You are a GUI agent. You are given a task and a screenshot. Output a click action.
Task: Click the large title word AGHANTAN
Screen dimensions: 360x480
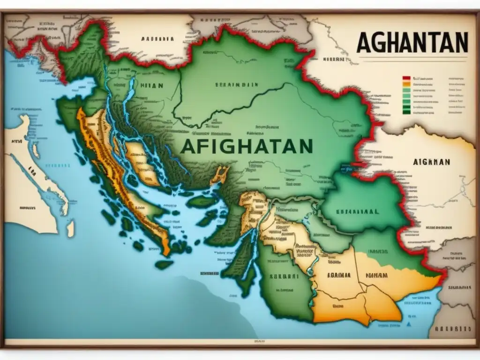[412, 43]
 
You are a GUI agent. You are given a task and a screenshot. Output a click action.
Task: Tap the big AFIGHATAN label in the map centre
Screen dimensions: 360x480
[246, 146]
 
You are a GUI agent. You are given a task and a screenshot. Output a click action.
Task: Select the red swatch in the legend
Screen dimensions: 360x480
[406, 78]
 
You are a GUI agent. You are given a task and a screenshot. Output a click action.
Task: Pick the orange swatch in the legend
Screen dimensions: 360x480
[406, 85]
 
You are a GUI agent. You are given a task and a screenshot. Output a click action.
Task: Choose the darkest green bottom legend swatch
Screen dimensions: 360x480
[406, 112]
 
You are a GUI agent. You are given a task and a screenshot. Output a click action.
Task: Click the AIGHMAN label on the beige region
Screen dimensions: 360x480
[431, 161]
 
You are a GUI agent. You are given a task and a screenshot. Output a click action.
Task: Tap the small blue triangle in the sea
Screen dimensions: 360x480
[409, 324]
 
